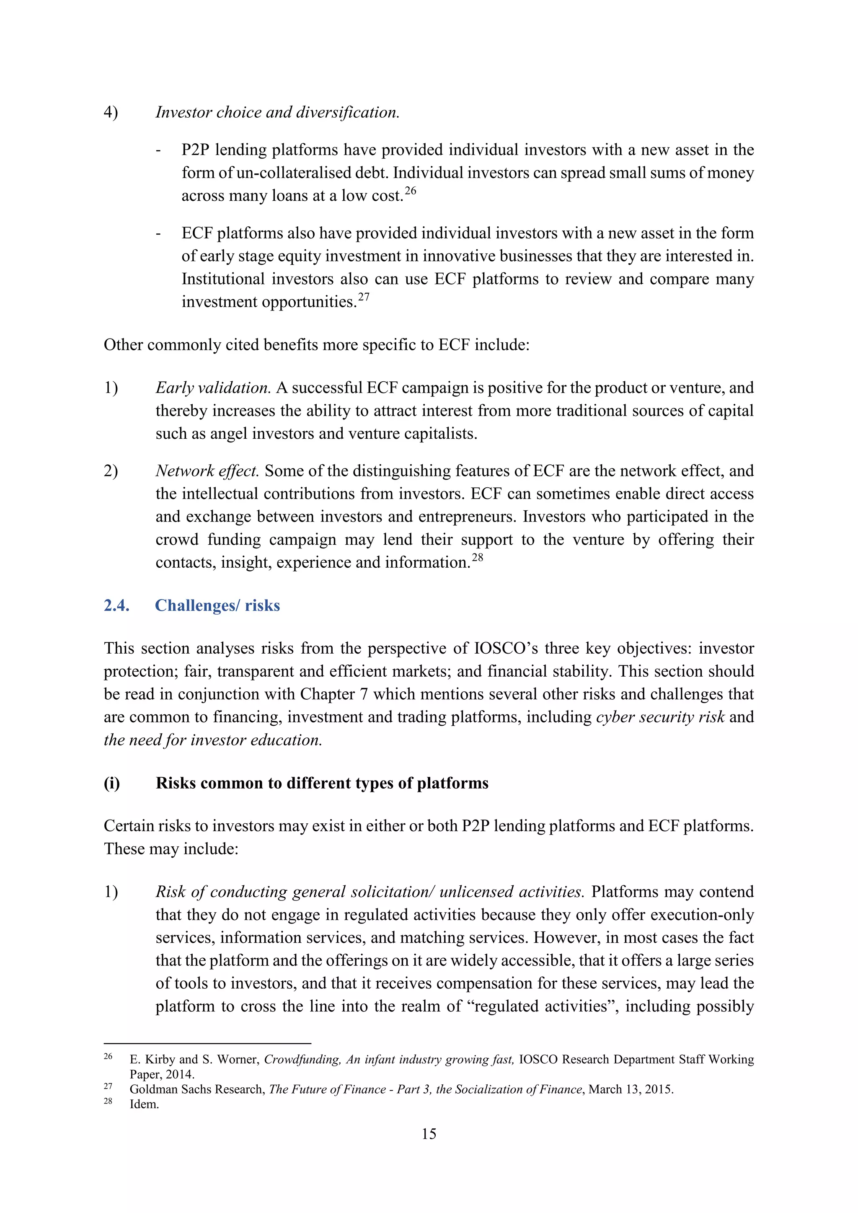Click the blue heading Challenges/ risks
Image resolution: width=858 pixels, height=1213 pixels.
pyautogui.click(x=217, y=605)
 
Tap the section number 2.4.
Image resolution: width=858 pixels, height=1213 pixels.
pyautogui.click(x=117, y=605)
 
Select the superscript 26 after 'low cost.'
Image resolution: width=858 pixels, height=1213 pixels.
pyautogui.click(x=411, y=191)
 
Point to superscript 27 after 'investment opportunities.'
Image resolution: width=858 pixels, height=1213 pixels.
pyautogui.click(x=364, y=297)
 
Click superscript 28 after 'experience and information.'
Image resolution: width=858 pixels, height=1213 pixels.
pyautogui.click(x=477, y=557)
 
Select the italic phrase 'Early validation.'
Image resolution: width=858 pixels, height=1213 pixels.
pyautogui.click(x=213, y=388)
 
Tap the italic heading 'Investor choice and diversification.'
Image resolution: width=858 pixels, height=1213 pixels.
pyautogui.click(x=277, y=113)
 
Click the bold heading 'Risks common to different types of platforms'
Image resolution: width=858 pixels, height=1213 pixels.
pyautogui.click(x=322, y=783)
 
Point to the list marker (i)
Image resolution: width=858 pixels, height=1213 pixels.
pyautogui.click(x=112, y=783)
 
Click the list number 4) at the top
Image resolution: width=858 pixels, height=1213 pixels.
pyautogui.click(x=111, y=113)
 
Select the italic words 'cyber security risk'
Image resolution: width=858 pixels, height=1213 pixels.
pyautogui.click(x=660, y=717)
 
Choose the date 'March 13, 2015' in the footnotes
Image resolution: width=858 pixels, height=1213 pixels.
pyautogui.click(x=630, y=1089)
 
